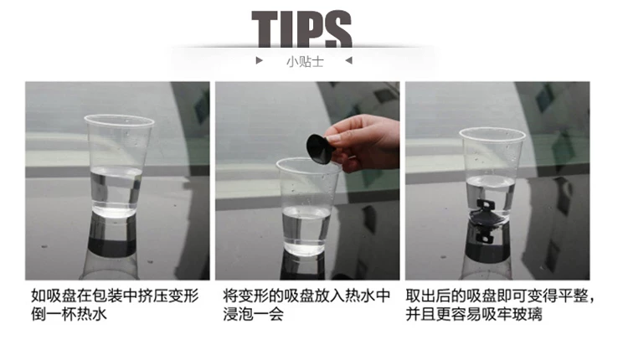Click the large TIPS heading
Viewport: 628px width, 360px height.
tap(301, 28)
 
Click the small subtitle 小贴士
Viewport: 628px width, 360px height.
tap(305, 62)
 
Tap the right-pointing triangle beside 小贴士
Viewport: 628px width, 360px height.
tap(259, 60)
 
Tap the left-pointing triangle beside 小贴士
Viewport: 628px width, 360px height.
tap(349, 60)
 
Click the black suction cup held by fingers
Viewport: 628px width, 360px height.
tap(320, 148)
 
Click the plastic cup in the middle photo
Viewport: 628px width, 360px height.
tap(307, 206)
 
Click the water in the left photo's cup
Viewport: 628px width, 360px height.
tap(116, 191)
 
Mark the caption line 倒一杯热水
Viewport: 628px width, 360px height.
tap(69, 314)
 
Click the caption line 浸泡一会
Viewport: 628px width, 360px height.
tap(254, 314)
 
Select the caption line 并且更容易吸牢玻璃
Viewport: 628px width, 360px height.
tap(474, 314)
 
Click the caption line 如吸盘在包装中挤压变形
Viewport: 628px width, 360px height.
tap(115, 296)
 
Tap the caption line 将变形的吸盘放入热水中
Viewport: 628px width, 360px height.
tap(306, 296)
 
